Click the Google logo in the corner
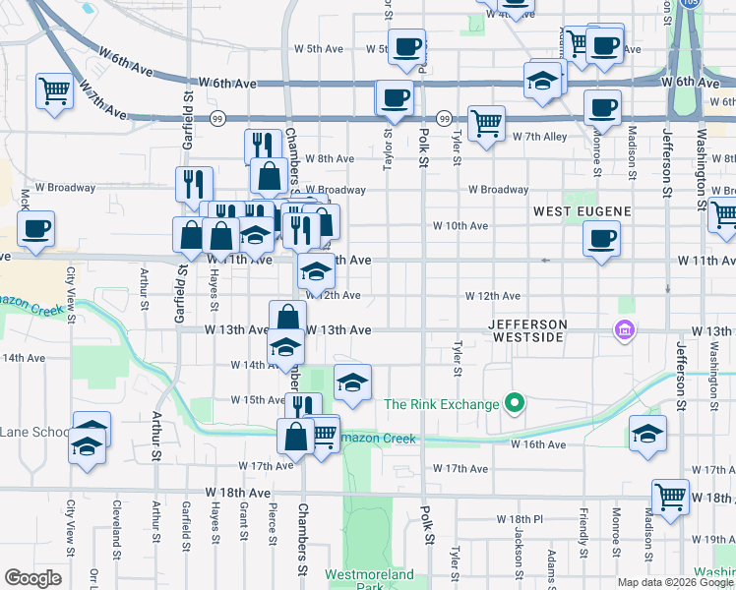pos(32,578)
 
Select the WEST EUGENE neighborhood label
pos(581,211)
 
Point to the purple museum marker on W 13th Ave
pos(623,331)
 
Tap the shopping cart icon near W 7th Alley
pos(486,123)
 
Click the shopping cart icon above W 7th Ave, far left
pos(55,91)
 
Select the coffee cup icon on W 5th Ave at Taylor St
pos(405,46)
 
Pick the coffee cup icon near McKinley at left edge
pos(35,230)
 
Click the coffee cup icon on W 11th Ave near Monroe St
pos(601,238)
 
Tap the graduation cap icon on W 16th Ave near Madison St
pos(647,433)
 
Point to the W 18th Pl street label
pos(520,518)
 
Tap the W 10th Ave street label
pos(461,225)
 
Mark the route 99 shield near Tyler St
pos(445,118)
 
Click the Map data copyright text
pos(674,582)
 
